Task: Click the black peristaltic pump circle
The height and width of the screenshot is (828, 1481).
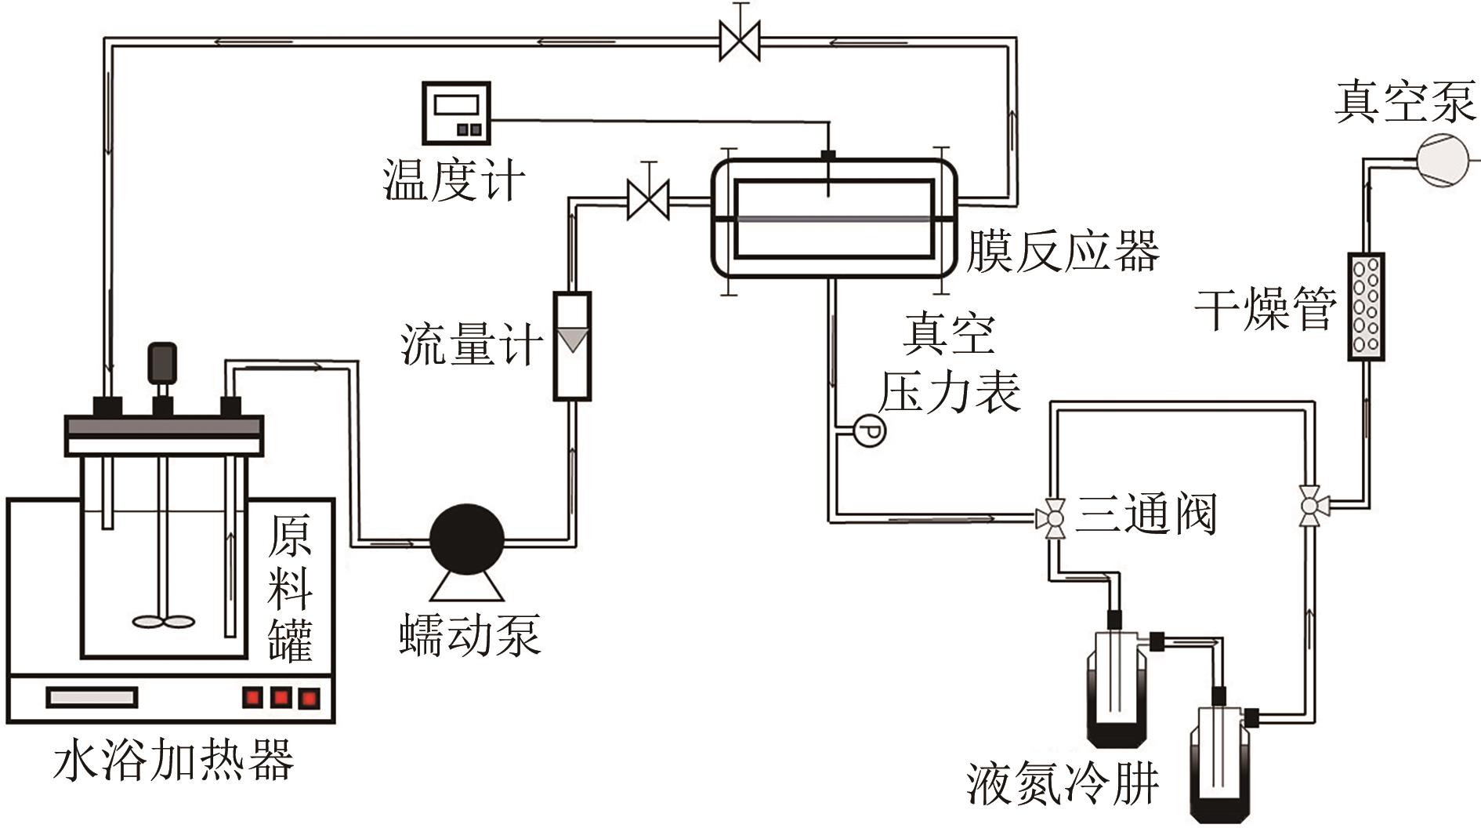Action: [x=467, y=540]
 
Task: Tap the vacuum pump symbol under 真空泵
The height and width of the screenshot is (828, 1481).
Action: [x=1443, y=161]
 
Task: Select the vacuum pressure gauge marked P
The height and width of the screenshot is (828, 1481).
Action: [x=869, y=430]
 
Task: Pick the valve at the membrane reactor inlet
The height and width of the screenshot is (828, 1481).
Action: [x=648, y=200]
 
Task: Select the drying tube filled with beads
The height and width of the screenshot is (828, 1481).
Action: [x=1366, y=307]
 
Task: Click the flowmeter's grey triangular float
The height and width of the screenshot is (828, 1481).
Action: [x=573, y=339]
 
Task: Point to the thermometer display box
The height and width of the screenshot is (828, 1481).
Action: [x=456, y=113]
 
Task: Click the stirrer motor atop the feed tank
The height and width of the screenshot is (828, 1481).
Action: [x=162, y=363]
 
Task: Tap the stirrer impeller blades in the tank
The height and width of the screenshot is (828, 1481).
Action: [x=164, y=622]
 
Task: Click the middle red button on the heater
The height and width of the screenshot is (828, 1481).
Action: [x=281, y=697]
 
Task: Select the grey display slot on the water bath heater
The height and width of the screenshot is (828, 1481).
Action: [x=92, y=697]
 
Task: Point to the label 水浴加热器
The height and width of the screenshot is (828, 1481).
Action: [x=174, y=760]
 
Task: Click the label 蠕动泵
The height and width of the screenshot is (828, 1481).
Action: [x=469, y=635]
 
